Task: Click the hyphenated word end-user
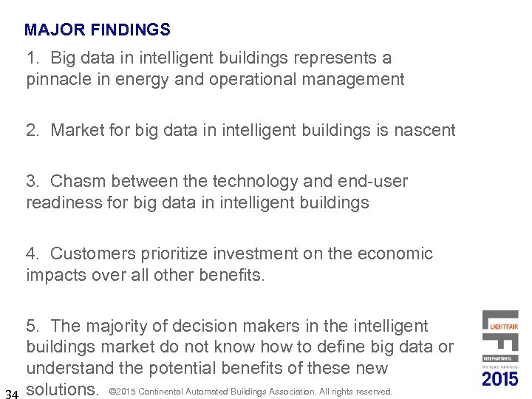click(372, 182)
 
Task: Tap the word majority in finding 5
click(119, 326)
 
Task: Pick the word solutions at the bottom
click(63, 389)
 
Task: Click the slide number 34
click(11, 392)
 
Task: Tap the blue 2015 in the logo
click(500, 379)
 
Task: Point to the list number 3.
click(33, 182)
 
